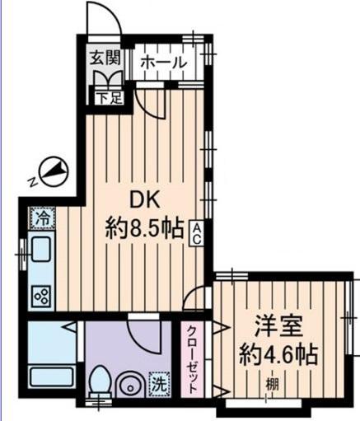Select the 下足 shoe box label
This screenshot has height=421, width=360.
[x=105, y=97]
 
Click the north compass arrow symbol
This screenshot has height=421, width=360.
[x=52, y=171]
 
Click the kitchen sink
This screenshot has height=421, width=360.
[x=40, y=249]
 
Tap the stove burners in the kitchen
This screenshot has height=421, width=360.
[x=40, y=294]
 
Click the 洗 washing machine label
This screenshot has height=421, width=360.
[x=157, y=382]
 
